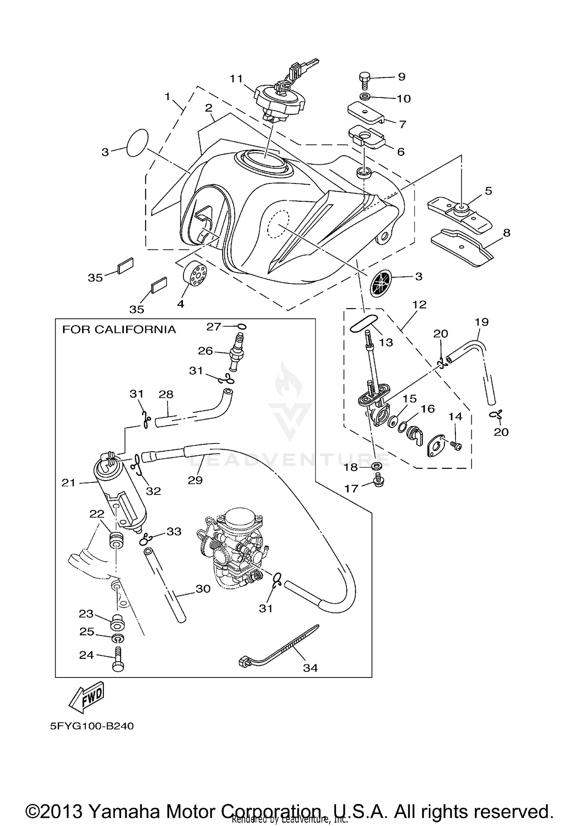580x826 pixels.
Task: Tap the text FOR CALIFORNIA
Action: (119, 330)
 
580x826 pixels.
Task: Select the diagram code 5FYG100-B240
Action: (92, 726)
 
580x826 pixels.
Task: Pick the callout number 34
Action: (310, 668)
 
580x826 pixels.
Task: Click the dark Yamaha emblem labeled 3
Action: (381, 284)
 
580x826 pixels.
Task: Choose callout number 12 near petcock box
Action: (419, 304)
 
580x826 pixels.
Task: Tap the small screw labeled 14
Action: (456, 446)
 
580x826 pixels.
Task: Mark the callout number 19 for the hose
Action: (482, 322)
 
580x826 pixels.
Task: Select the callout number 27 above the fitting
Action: (213, 327)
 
